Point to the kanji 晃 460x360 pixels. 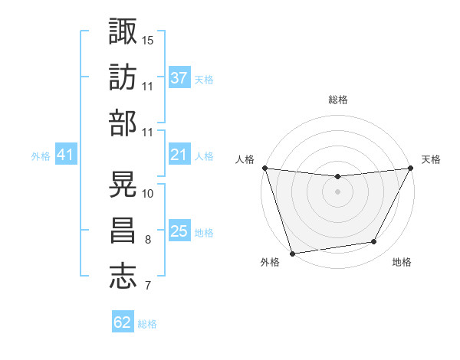coord(123,184)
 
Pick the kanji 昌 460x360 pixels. coord(123,231)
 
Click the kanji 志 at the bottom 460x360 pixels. coord(123,276)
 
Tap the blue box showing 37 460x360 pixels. coord(179,78)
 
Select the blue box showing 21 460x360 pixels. coord(179,155)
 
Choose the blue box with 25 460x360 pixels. coord(179,232)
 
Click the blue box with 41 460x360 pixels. coord(66,155)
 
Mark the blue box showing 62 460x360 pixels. coord(123,322)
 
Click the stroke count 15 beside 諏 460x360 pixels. coord(148,39)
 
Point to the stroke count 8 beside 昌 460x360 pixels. coord(147,240)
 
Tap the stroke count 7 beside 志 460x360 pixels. coord(147,286)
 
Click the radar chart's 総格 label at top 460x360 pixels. coord(337,100)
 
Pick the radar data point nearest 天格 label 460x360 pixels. coord(412,168)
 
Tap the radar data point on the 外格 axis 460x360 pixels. coord(292,254)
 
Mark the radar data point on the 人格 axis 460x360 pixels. coord(264,168)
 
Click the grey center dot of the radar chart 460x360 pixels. coord(337,191)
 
